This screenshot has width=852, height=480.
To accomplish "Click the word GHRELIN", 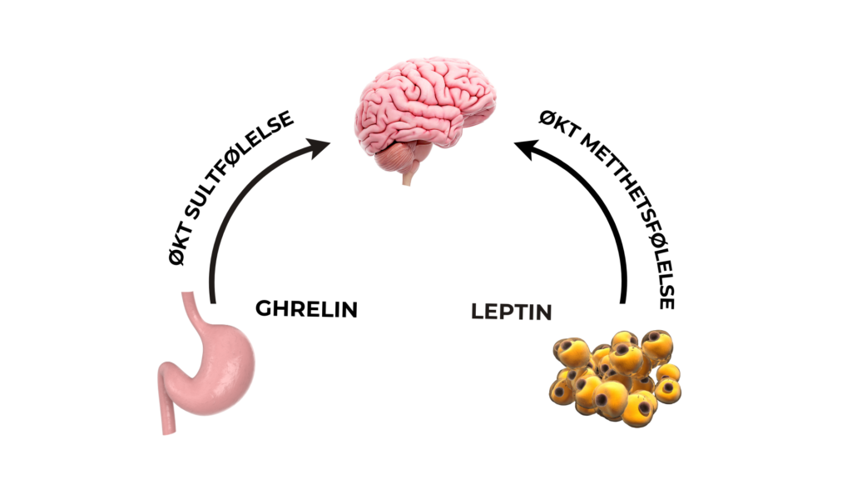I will pos(306,309).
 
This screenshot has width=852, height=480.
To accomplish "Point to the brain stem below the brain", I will pos(407,176).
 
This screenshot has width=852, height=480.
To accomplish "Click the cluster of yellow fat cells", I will pos(612,375).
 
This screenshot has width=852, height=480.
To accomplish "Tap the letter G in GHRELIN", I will pos(264,309).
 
